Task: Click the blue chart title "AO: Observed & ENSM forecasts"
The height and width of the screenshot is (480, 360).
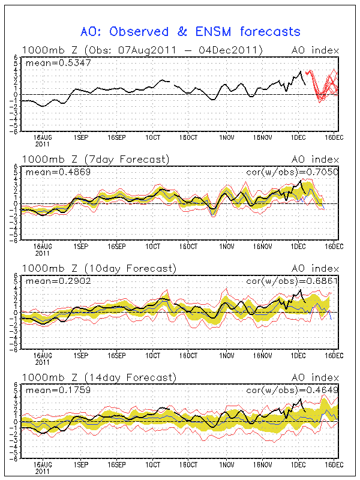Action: tap(190, 31)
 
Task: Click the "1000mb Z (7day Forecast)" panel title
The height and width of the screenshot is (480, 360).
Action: tap(96, 159)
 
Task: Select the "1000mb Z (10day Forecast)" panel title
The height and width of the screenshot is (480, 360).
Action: tap(98, 268)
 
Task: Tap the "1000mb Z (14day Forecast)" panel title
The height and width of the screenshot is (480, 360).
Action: tap(98, 377)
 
